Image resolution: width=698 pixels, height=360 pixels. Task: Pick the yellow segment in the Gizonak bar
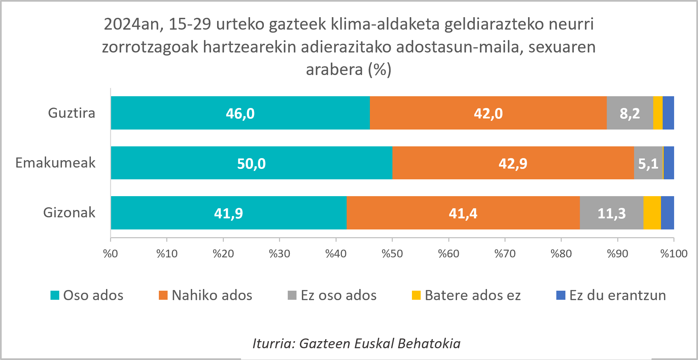point(652,213)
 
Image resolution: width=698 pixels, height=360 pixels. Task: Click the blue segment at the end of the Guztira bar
point(668,113)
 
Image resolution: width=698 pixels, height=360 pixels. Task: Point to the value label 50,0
point(251,164)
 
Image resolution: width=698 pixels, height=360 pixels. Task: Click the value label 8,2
point(629,113)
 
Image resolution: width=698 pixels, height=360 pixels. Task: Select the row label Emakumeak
point(56,163)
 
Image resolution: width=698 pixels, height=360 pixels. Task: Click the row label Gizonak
point(69,213)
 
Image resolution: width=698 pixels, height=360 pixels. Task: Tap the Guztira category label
point(71,113)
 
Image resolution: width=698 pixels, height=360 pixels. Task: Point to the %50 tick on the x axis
point(392,254)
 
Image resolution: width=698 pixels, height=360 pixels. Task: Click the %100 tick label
point(673,254)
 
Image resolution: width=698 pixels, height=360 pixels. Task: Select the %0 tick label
point(110,254)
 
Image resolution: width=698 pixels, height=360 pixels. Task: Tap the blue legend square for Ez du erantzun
point(561,295)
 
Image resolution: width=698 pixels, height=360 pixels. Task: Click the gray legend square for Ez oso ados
point(292,295)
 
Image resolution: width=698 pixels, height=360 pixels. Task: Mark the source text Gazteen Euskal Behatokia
point(380,344)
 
